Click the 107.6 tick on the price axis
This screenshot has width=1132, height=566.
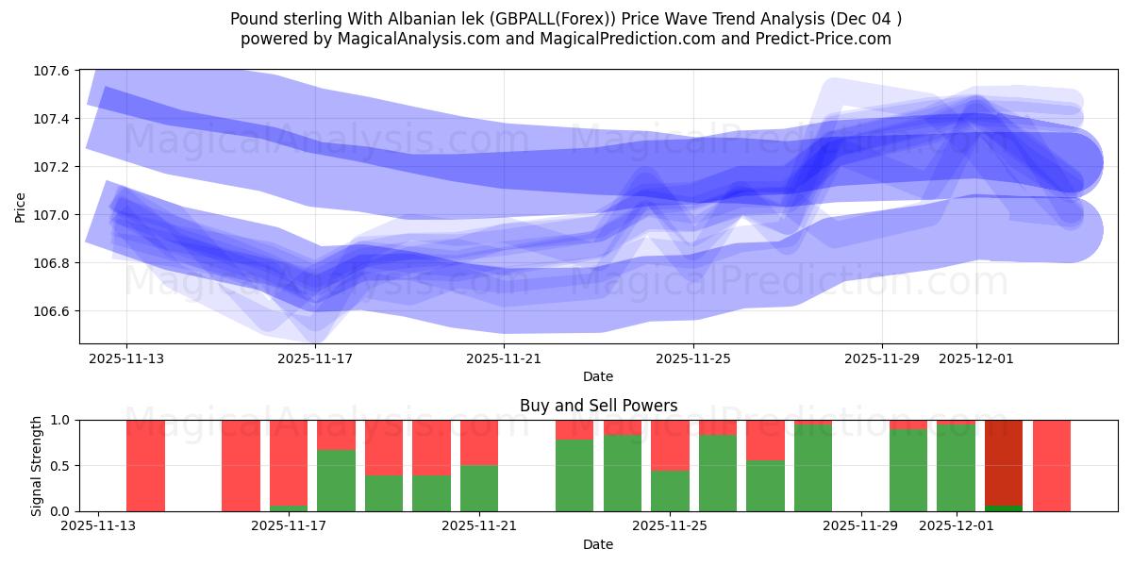click(x=52, y=71)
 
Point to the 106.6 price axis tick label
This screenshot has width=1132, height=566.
click(x=52, y=311)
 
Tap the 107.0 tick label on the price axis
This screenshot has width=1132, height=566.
click(x=52, y=215)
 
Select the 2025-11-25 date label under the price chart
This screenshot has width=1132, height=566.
click(x=693, y=358)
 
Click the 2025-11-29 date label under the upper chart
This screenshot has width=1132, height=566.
click(x=882, y=358)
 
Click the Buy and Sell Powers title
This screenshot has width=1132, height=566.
click(x=598, y=406)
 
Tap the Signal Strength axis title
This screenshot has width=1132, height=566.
click(x=36, y=465)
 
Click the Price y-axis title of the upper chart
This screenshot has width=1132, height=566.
click(x=21, y=207)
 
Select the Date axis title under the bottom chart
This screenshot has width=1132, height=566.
click(x=598, y=544)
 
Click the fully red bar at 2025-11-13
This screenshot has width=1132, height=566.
click(x=145, y=465)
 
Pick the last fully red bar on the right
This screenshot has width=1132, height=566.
click(x=1052, y=465)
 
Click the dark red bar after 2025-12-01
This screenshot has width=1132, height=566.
click(x=1004, y=462)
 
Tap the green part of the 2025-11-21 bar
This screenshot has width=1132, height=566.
click(x=479, y=489)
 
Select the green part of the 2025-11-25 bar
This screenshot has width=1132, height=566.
click(x=670, y=491)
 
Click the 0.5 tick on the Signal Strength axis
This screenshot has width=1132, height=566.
click(x=63, y=466)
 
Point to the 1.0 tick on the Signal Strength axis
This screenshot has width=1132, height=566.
click(x=63, y=421)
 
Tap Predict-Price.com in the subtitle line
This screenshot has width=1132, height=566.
click(x=830, y=39)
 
